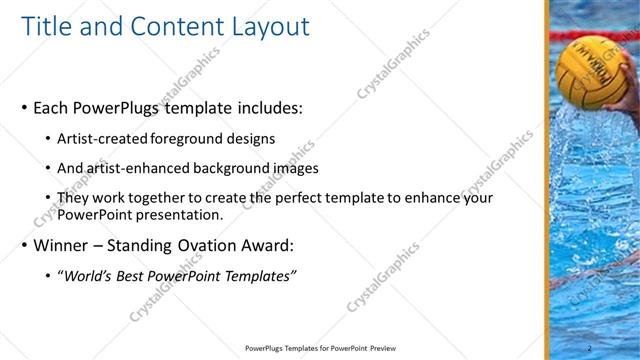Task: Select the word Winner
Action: (62, 246)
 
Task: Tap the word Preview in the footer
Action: (377, 348)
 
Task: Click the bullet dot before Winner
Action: (24, 246)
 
